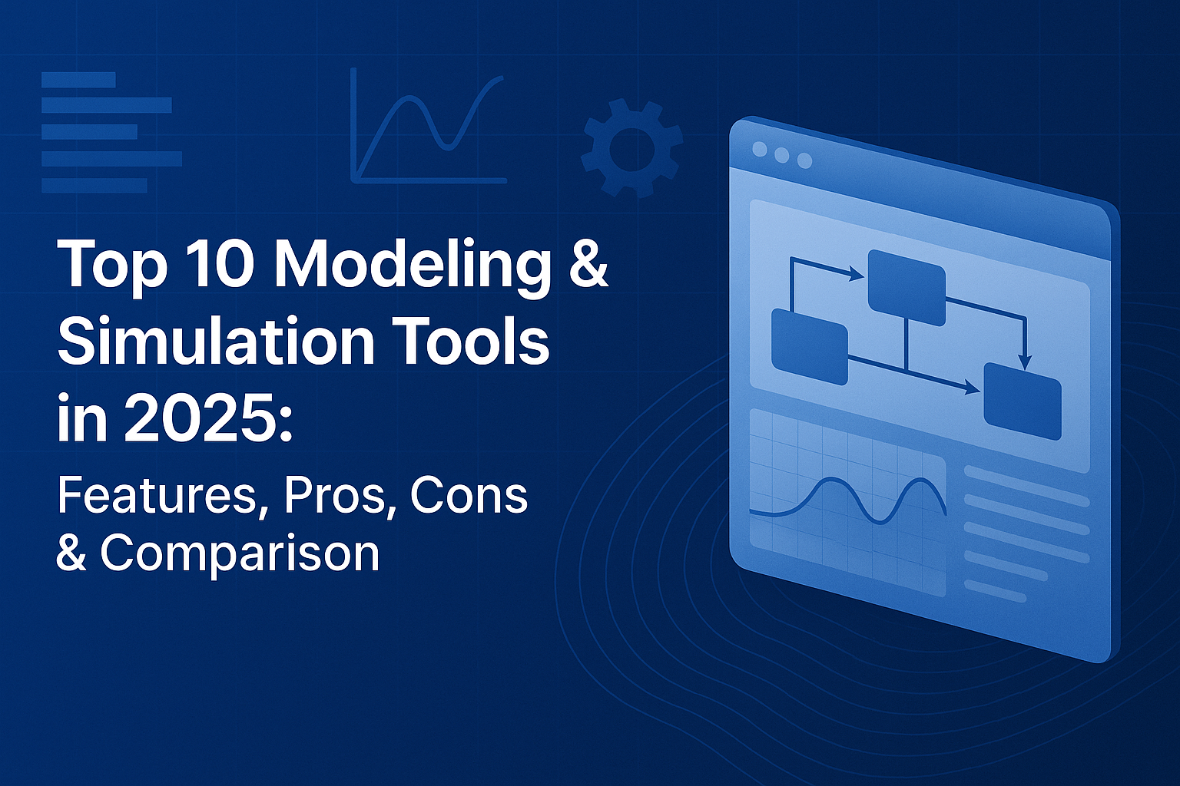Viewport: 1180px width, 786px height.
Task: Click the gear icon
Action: pyautogui.click(x=632, y=149)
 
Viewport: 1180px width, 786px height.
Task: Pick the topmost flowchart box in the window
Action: pyautogui.click(x=907, y=288)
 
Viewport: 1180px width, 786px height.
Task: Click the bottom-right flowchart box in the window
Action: pyautogui.click(x=1023, y=401)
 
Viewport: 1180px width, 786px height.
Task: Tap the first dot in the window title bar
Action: pyautogui.click(x=760, y=149)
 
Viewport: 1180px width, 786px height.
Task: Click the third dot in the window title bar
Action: pyautogui.click(x=804, y=160)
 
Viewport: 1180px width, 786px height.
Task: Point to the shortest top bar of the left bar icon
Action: pyautogui.click(x=78, y=80)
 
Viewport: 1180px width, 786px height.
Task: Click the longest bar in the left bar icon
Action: pyautogui.click(x=111, y=158)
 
